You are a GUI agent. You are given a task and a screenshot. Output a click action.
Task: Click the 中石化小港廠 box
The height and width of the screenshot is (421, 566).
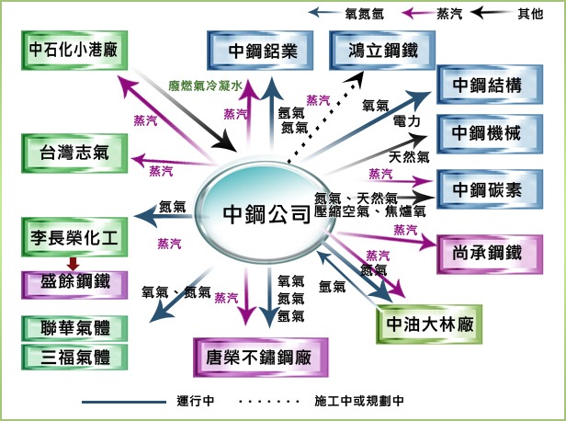[74, 51]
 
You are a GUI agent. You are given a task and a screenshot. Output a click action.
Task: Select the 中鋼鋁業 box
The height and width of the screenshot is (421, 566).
[263, 51]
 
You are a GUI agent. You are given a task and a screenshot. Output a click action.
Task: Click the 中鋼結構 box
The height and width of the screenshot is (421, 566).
[487, 86]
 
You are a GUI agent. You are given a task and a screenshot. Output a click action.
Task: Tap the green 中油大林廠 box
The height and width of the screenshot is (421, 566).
[429, 323]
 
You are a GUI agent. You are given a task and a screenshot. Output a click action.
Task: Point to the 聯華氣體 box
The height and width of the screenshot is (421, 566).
[74, 328]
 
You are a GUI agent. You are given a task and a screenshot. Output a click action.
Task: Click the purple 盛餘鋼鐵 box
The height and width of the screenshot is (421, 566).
[74, 282]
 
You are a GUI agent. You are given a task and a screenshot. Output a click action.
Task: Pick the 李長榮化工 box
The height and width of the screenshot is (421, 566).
[74, 237]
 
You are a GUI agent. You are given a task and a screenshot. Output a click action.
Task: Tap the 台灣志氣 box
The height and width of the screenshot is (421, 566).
[74, 152]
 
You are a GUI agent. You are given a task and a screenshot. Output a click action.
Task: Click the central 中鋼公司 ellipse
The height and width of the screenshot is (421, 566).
[266, 215]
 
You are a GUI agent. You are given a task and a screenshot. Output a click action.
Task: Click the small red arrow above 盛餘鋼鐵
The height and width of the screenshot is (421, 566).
[74, 263]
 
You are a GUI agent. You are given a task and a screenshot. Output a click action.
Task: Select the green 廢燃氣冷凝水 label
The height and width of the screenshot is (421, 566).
[204, 86]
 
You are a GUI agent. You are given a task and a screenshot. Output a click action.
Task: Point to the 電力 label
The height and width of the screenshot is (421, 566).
[406, 120]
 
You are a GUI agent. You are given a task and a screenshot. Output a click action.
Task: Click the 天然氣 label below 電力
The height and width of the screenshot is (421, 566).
[409, 156]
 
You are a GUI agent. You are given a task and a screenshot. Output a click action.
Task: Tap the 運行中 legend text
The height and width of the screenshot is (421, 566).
[196, 402]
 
